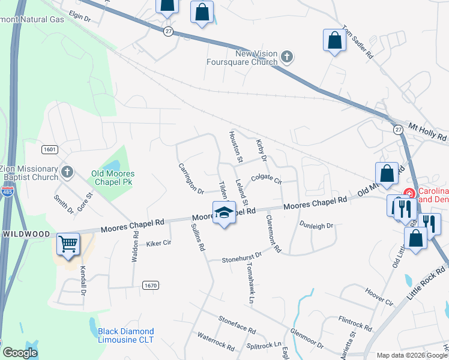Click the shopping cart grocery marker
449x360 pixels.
tap(68, 245)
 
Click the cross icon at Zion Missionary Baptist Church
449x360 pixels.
tap(67, 173)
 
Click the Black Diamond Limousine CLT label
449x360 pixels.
tap(126, 335)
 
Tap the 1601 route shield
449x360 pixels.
tap(49, 149)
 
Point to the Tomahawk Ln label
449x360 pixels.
tap(249, 284)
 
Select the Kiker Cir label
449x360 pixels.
tap(159, 244)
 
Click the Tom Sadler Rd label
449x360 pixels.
tap(358, 42)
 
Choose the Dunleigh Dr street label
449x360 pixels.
tap(315, 224)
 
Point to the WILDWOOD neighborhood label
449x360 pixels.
tap(25, 232)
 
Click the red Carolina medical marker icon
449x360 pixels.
tap(409, 193)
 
